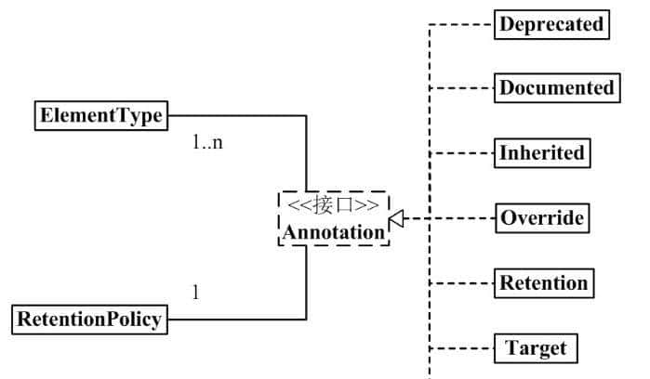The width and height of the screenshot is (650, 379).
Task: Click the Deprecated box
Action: (551, 24)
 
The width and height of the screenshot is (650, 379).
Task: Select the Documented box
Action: (556, 88)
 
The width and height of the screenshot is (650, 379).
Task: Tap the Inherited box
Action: (542, 152)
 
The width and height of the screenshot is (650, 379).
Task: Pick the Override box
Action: (542, 218)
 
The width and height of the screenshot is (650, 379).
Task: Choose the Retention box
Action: (543, 282)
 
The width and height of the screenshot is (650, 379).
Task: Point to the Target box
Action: (536, 349)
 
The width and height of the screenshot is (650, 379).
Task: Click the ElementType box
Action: (100, 116)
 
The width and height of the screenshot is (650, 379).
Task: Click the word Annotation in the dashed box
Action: (334, 232)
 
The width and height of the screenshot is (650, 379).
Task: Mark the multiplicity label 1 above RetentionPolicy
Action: (195, 293)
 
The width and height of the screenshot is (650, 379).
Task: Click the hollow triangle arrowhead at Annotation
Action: (395, 219)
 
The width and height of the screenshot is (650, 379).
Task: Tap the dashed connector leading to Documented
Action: (460, 89)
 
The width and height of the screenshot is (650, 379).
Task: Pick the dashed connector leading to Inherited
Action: (460, 153)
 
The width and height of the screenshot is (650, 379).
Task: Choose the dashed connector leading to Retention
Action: (460, 283)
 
